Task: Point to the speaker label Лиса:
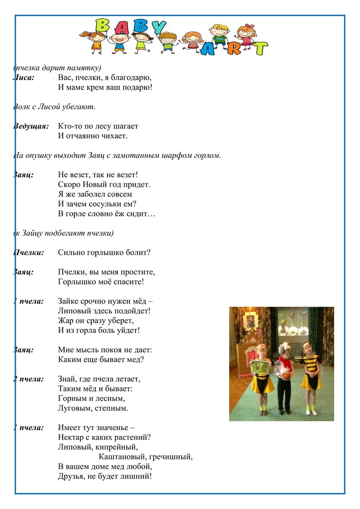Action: pos(23,78)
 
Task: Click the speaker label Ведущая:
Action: pos(31,126)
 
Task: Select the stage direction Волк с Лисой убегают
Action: pos(54,107)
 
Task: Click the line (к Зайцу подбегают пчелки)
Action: pos(63,233)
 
